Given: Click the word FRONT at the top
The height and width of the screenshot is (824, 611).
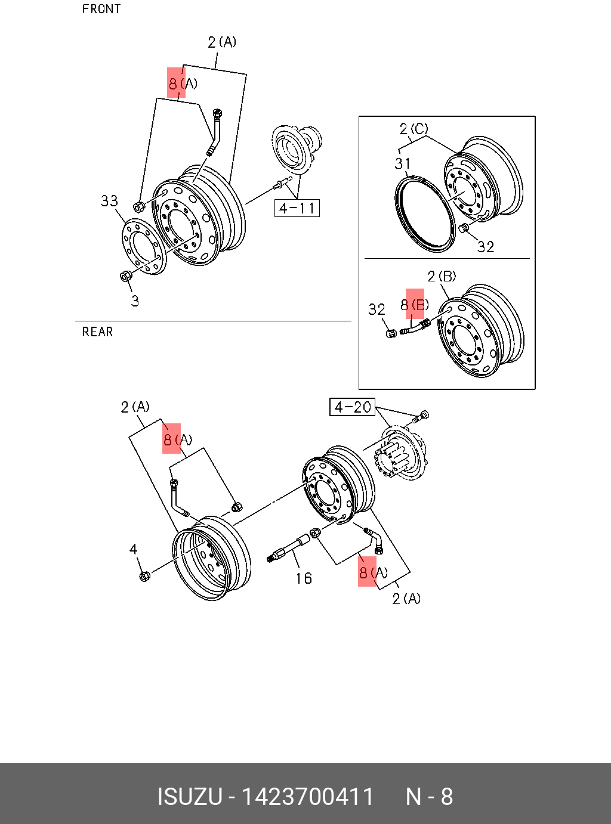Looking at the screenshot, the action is pos(101,9).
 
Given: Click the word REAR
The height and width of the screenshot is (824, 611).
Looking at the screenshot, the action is pos(97,332).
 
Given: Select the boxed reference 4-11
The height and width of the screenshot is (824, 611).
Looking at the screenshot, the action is pos(297,208).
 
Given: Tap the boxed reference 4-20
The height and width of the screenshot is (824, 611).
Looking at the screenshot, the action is pos(352,407).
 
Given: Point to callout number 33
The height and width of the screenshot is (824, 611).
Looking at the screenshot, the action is pos(109,201).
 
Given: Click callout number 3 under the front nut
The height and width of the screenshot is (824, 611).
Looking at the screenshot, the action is pos(135,301).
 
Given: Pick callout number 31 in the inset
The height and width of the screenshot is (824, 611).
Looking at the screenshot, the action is pos(402,163).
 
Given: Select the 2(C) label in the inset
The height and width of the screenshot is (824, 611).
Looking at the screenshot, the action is pos(413,129).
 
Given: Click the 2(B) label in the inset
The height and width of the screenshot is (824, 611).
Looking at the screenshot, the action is pos(442,277).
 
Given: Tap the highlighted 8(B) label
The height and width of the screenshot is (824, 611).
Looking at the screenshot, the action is pos(415,305).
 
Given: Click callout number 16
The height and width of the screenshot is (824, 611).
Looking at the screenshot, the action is pos(304,578).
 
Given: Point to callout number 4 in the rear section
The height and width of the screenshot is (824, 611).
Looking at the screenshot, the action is pos(134,549).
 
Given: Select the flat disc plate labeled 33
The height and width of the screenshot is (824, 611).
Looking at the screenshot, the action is pos(144,247).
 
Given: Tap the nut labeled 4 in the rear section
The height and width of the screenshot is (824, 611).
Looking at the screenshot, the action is pos(144,576).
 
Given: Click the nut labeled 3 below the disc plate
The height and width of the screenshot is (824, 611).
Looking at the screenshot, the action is pos(126,276).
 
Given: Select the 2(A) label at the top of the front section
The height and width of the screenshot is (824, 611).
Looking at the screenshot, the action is pos(222,42).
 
